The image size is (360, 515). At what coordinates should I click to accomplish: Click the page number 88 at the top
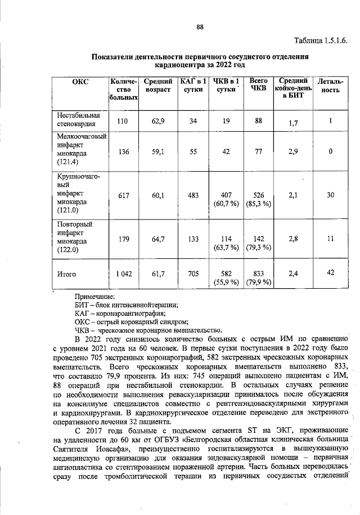coord(199,26)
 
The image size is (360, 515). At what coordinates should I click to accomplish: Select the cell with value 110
coord(123,121)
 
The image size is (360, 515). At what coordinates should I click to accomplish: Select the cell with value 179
coord(123,239)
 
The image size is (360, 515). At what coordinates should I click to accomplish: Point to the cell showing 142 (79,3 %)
coord(258,243)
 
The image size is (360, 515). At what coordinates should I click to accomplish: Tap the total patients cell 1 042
coord(124,274)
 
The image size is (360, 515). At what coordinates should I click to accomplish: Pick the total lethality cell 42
coord(331,272)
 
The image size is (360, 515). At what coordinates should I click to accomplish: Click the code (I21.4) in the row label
coord(68,163)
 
